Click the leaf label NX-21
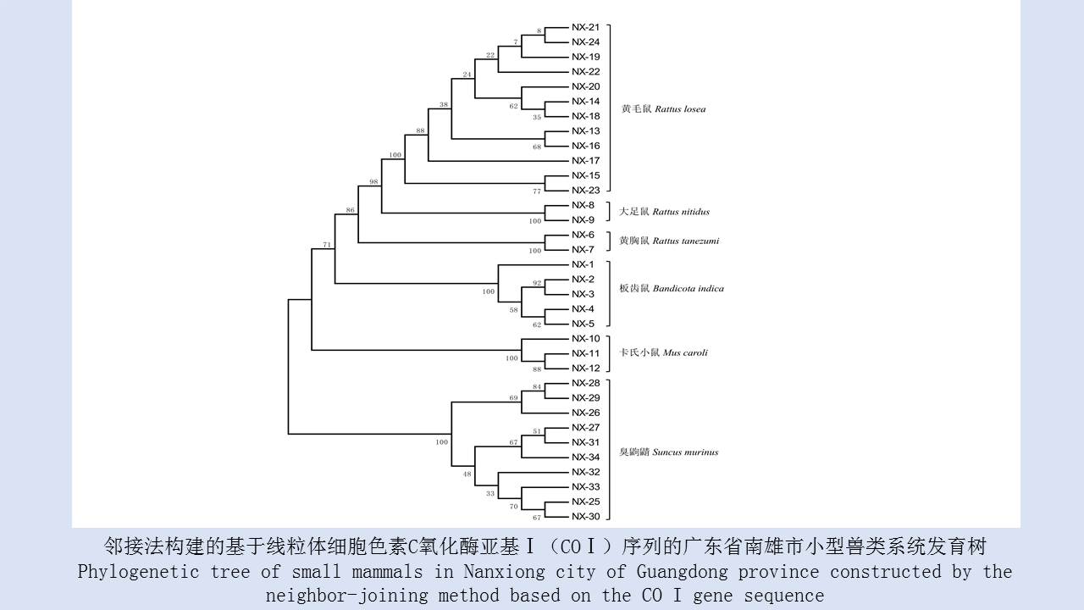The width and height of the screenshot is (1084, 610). tap(585, 27)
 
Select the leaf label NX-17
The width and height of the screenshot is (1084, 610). tap(585, 160)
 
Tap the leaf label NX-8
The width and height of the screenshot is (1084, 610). tap(583, 205)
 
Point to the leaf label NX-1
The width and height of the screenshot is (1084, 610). tap(583, 264)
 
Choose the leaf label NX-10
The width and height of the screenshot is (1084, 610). tap(585, 338)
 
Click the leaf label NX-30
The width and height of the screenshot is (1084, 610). tap(585, 516)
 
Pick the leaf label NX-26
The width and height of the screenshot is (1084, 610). tap(585, 413)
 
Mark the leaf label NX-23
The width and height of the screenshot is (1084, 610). tap(585, 190)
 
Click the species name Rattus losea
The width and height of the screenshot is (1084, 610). tap(680, 109)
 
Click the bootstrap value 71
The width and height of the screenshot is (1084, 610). tap(327, 245)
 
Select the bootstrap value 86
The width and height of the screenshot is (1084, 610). tap(351, 209)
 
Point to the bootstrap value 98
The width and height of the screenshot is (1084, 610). tap(373, 182)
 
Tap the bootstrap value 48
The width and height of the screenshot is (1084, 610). tap(467, 474)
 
